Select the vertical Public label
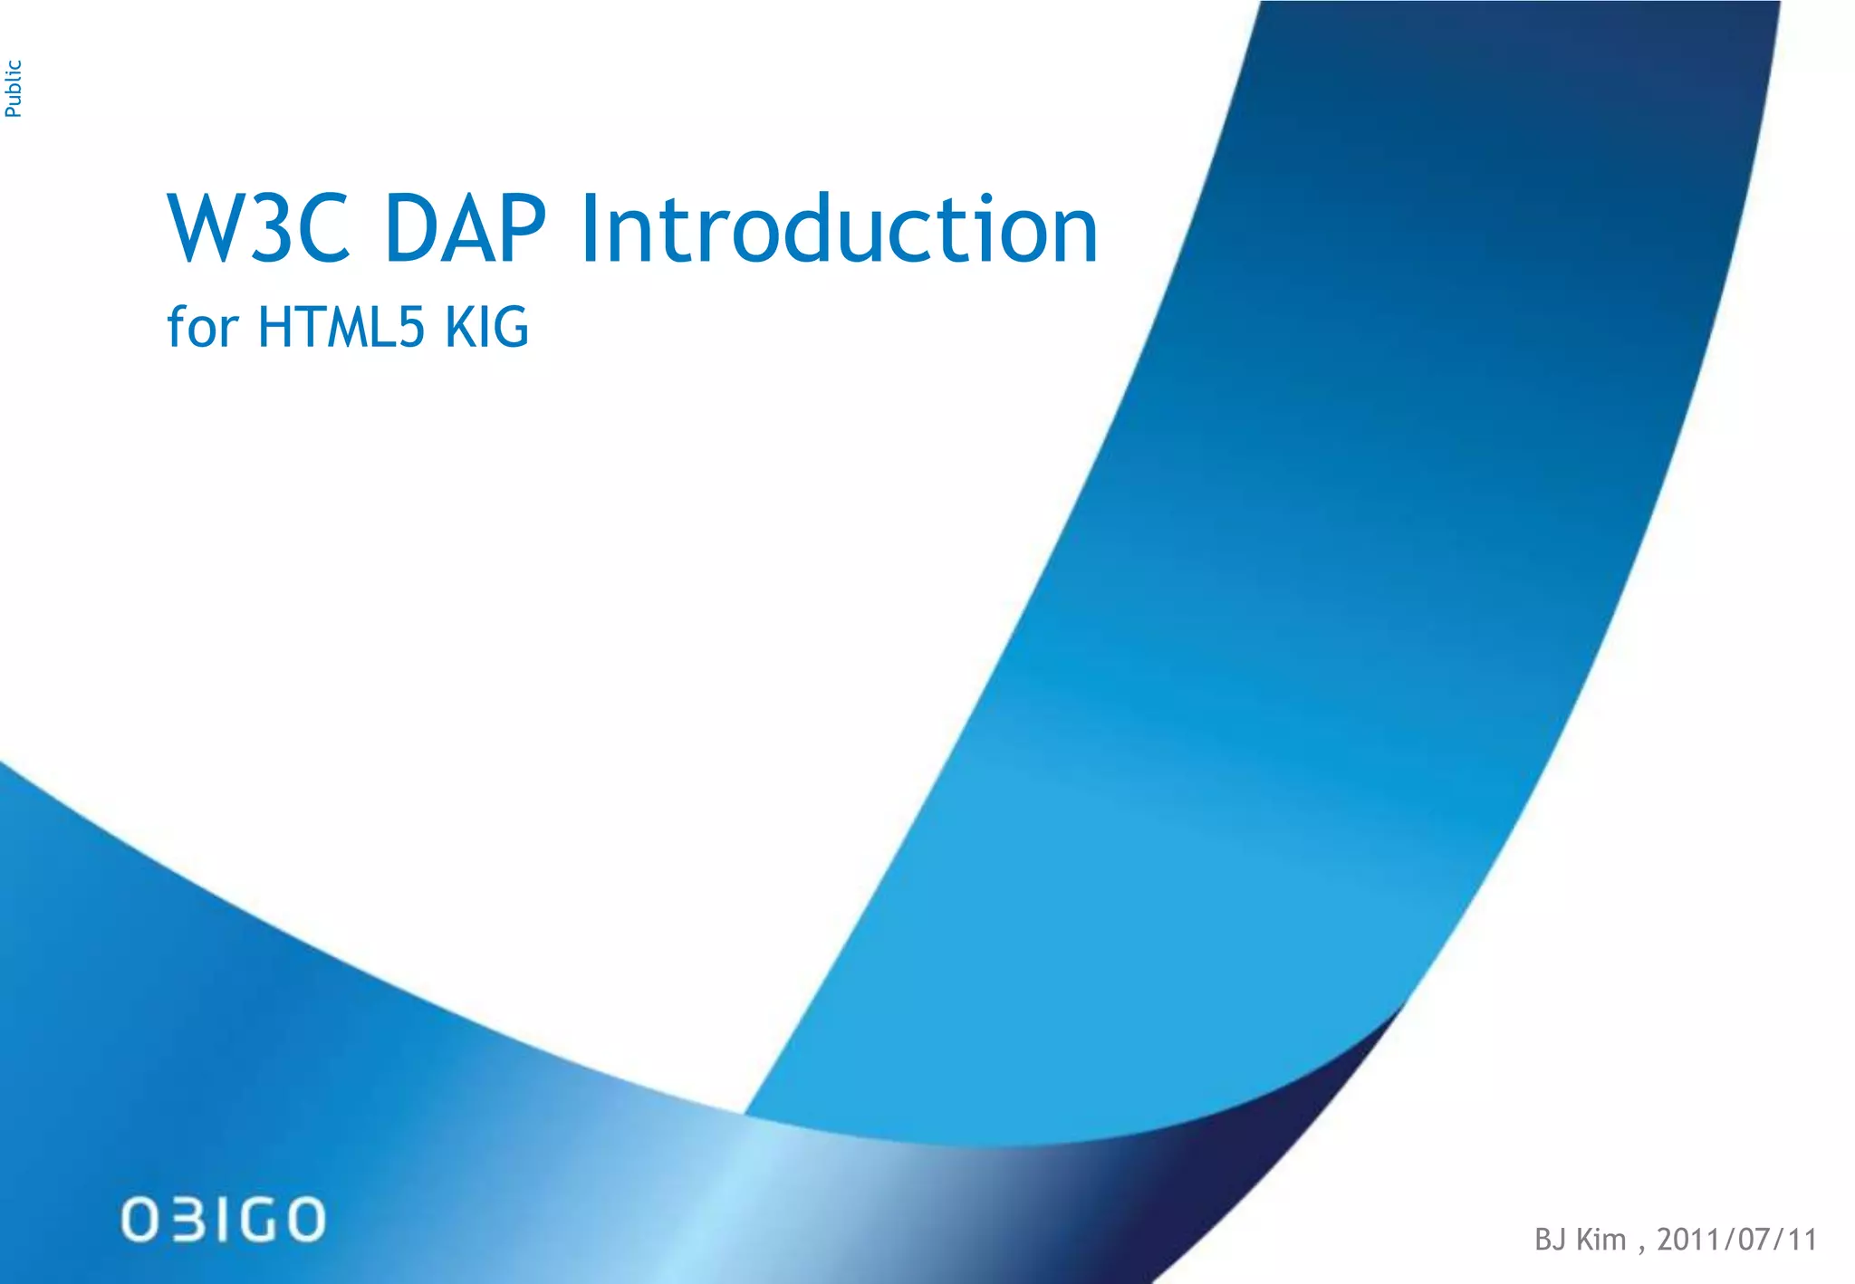tap(14, 89)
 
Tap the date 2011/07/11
tap(1736, 1240)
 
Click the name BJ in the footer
tap(1551, 1240)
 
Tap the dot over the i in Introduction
tap(986, 198)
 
